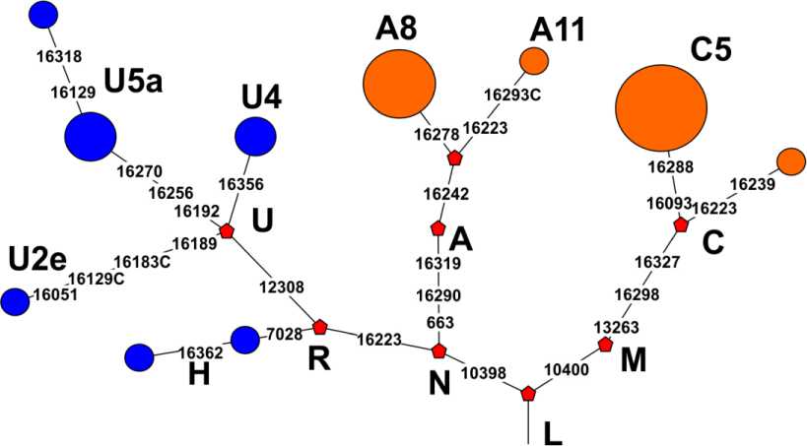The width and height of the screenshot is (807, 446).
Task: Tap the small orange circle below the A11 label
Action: (x=533, y=60)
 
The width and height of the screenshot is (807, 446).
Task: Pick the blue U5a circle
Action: (x=91, y=136)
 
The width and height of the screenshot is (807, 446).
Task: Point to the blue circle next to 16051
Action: (x=15, y=301)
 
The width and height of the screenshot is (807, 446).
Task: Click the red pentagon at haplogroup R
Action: (x=319, y=327)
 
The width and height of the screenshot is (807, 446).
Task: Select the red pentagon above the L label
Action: (x=528, y=394)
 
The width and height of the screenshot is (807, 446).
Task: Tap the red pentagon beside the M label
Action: (x=606, y=345)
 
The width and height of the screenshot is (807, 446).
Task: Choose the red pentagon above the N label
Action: (x=439, y=351)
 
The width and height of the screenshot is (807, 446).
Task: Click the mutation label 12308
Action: (x=281, y=287)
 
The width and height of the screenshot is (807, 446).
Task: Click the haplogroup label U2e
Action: (x=37, y=261)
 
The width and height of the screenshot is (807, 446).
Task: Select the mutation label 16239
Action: (x=752, y=183)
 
